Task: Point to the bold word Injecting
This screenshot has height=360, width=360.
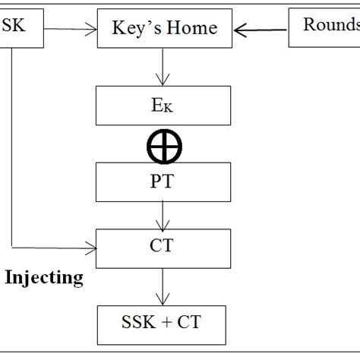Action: pyautogui.click(x=45, y=277)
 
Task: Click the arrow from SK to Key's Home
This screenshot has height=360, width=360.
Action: pyautogui.click(x=73, y=30)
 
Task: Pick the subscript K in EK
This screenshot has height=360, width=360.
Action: pyautogui.click(x=169, y=108)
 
